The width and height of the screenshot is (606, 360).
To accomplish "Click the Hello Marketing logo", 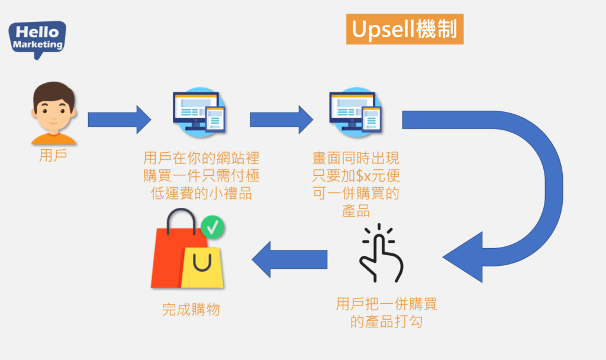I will point(37,37).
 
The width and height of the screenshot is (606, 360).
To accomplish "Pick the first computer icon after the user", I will point(199,112).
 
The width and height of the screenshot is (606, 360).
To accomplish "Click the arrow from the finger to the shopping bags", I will point(290,259).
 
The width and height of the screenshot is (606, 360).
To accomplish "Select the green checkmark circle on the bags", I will point(212,227).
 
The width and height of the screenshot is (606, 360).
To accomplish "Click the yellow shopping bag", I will point(202,268).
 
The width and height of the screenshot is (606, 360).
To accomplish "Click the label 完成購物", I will point(191,309).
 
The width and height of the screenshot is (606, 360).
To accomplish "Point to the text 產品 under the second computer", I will point(356,210).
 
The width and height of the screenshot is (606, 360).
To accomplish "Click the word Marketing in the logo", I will point(37,44).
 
